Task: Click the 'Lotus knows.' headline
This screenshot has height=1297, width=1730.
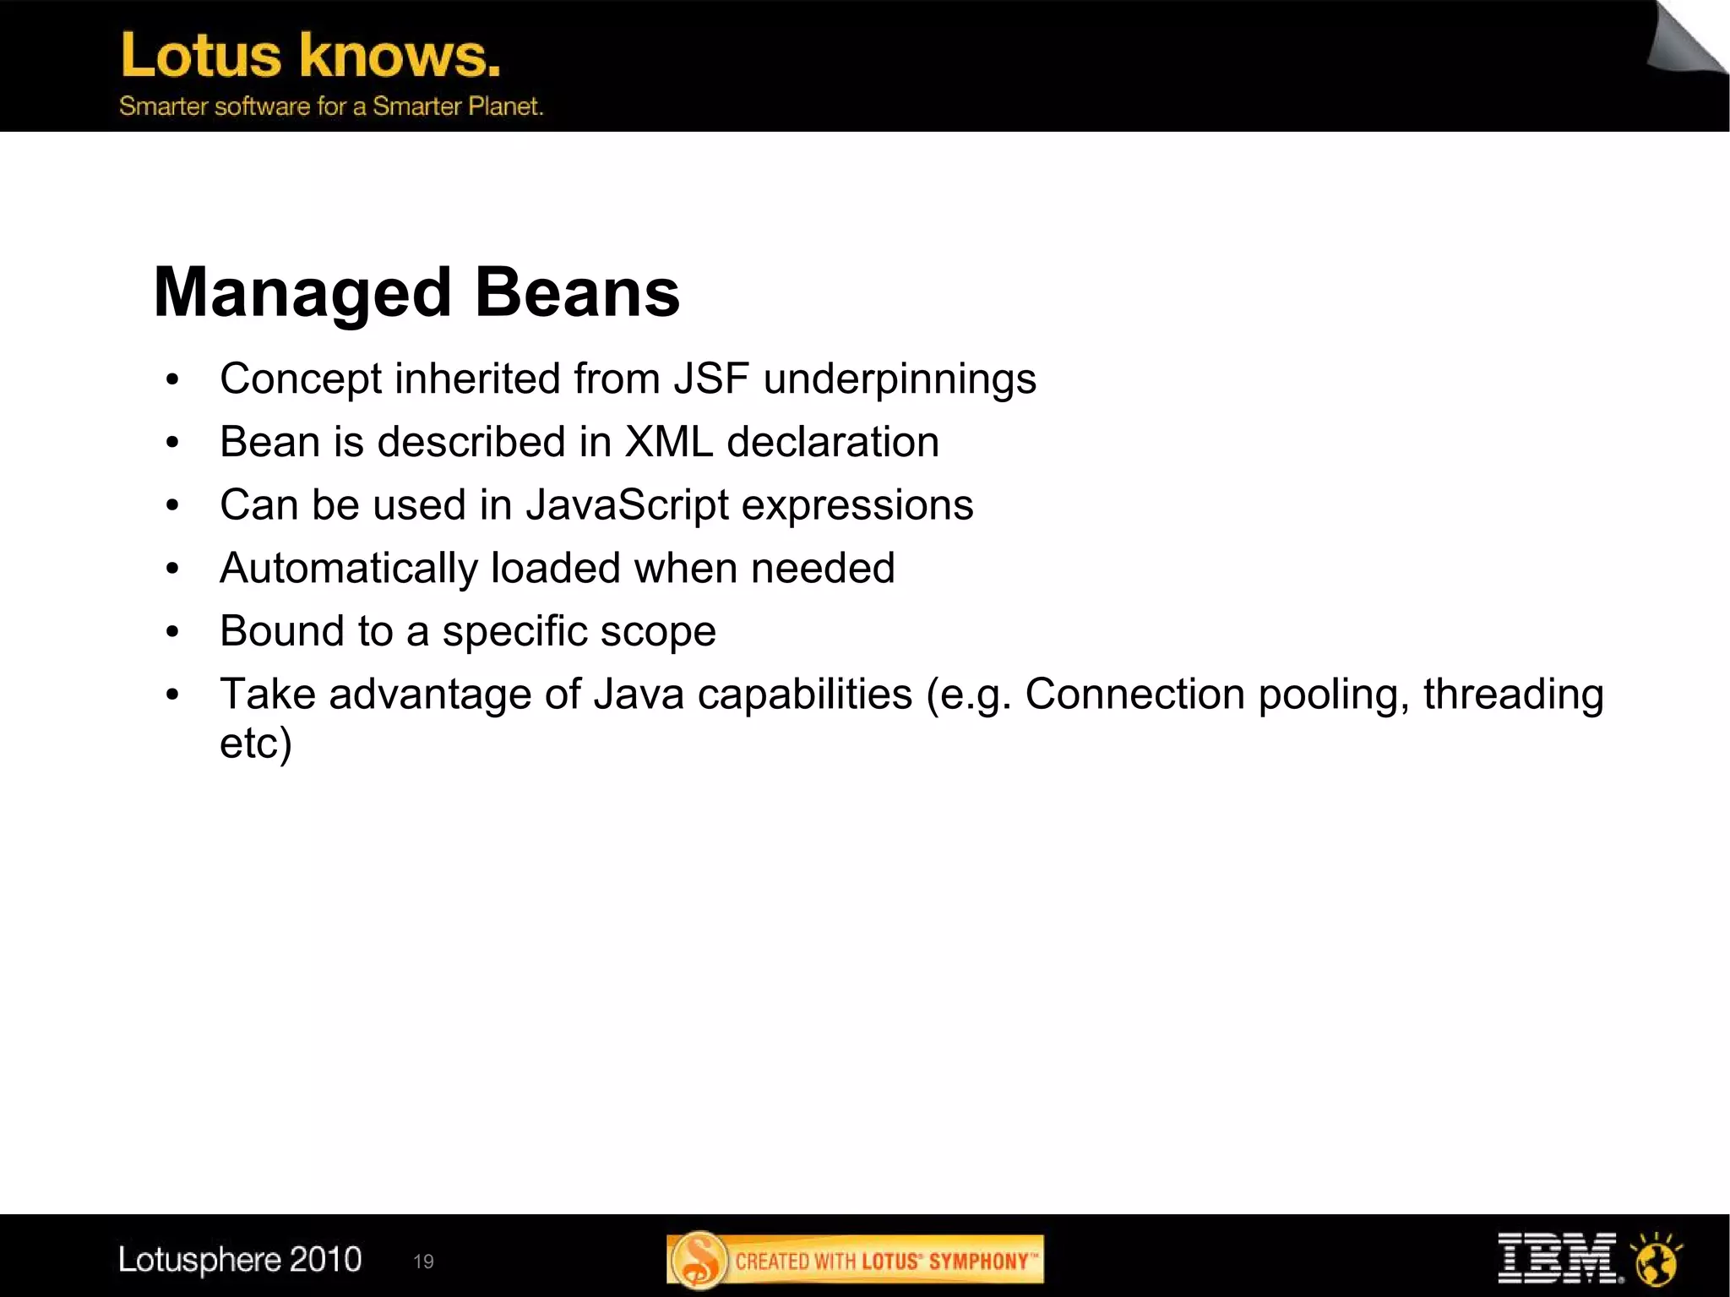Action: [311, 56]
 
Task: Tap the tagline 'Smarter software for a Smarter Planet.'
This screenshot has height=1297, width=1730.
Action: [331, 106]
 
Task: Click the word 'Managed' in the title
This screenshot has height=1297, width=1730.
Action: [302, 293]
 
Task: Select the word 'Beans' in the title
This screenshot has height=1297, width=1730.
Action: [577, 293]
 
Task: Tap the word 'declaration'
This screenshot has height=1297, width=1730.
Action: [832, 442]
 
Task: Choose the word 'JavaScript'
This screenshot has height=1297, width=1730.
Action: [627, 505]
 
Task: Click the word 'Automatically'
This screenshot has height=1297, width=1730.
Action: [348, 569]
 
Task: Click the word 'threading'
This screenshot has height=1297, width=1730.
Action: [1513, 695]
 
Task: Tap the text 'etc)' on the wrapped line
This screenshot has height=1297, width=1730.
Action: [255, 744]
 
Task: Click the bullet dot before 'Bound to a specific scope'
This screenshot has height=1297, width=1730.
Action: [172, 632]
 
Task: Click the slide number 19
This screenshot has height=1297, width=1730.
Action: [423, 1262]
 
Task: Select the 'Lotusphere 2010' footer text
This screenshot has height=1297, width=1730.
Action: [240, 1260]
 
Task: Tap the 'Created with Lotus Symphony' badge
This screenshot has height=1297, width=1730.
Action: [855, 1261]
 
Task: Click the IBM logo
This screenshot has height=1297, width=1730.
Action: [1557, 1259]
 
